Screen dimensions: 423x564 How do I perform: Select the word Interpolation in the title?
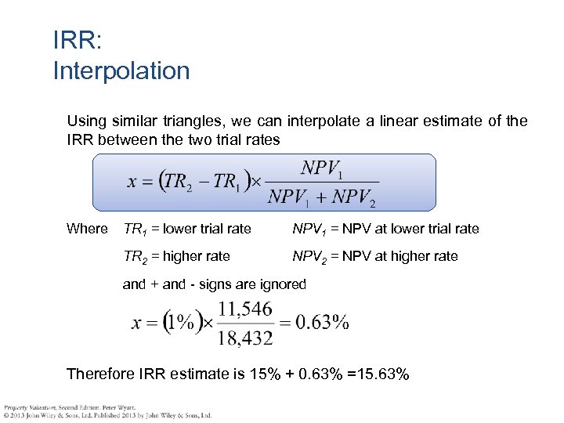click(121, 70)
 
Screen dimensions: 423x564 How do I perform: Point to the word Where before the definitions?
click(87, 229)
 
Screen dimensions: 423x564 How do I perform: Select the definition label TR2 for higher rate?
click(135, 256)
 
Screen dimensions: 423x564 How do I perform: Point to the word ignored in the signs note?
click(283, 284)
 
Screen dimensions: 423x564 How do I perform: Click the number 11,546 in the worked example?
click(245, 309)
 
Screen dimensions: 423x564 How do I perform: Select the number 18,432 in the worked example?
click(245, 337)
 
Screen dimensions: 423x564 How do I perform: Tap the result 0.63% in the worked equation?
click(321, 322)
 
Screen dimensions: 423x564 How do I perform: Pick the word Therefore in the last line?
click(100, 374)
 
